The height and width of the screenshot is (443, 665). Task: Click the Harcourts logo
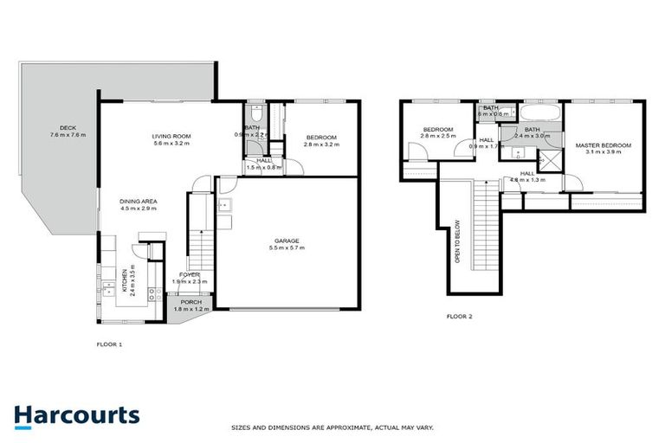tap(76, 415)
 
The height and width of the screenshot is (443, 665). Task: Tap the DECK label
tap(62, 127)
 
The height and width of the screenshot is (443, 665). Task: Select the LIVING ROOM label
tap(171, 136)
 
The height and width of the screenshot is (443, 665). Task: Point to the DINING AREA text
tap(139, 201)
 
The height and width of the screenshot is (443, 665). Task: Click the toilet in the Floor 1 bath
tap(254, 114)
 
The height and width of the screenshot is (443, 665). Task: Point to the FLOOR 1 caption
tap(109, 343)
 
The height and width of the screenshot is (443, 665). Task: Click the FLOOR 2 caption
tap(459, 317)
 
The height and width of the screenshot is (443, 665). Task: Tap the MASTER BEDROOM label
tap(603, 144)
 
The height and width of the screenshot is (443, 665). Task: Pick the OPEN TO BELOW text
tap(457, 244)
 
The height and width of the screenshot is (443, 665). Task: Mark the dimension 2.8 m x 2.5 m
tap(438, 136)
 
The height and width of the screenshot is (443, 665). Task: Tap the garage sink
tap(223, 205)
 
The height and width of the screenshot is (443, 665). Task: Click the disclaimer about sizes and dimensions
tap(332, 427)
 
